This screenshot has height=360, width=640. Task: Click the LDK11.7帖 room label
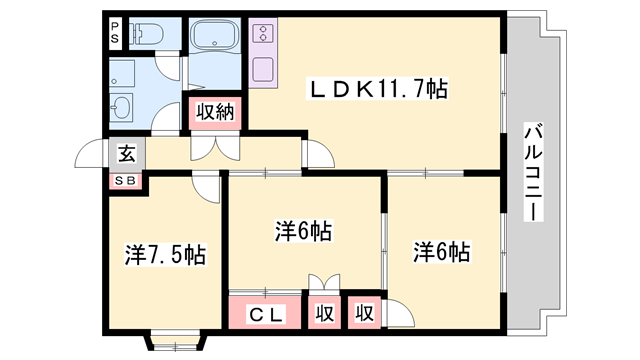[378, 89]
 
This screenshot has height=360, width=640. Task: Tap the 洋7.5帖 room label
[165, 255]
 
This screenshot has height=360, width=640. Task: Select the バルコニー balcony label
[533, 171]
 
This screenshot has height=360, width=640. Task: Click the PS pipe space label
[115, 33]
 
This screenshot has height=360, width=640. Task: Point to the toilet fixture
[146, 33]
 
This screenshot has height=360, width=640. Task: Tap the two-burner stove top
[263, 34]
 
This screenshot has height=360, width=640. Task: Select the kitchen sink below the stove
[263, 69]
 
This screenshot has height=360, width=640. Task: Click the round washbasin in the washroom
[121, 108]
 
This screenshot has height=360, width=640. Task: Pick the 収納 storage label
[215, 112]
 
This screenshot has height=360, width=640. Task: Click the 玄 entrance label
[127, 154]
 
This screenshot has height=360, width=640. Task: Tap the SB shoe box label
[125, 181]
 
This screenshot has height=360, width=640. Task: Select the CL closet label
[266, 315]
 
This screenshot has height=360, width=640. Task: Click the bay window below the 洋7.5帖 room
[176, 342]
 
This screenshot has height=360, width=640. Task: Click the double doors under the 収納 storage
[215, 148]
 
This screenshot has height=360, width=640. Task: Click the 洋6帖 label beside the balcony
[442, 252]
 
